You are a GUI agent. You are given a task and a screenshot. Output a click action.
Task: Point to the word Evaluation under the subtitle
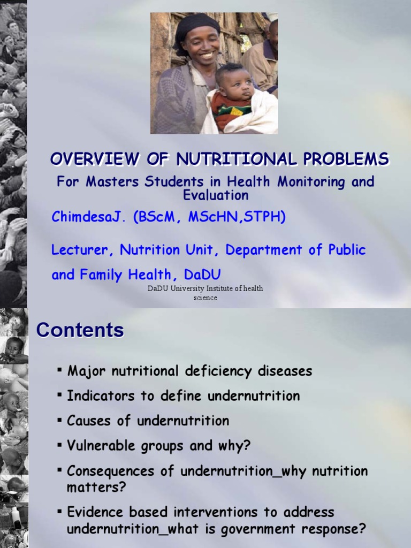216,195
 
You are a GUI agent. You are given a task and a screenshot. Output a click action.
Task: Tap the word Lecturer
82,250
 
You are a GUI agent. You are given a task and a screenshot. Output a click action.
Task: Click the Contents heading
80,330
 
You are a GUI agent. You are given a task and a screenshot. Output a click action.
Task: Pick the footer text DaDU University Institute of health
205,289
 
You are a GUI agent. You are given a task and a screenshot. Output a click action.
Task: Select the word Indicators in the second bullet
99,396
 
